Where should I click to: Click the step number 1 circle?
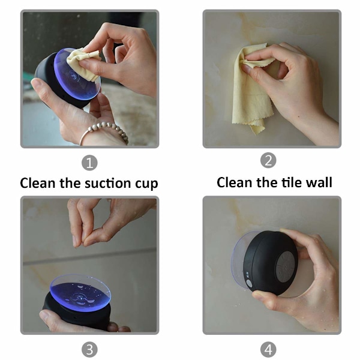pos(89,163)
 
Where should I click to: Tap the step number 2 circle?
pos(268,160)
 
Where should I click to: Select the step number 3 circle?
pos(89,350)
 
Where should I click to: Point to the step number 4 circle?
pos(268,350)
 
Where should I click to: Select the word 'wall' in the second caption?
pos(319,182)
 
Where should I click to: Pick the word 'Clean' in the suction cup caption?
pos(38,183)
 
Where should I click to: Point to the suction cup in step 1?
pos(77,74)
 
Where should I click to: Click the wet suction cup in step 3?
pos(80,292)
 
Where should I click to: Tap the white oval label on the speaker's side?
pos(249,283)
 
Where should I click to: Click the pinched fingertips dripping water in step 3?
pos(80,241)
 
